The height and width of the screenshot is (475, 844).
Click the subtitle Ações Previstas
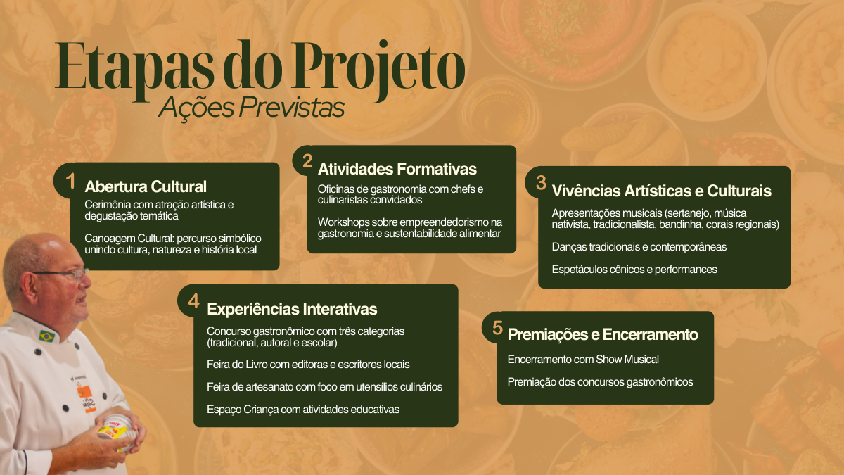pyautogui.click(x=251, y=108)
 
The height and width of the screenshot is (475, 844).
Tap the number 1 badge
pyautogui.click(x=70, y=182)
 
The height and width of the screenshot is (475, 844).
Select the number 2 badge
pyautogui.click(x=307, y=161)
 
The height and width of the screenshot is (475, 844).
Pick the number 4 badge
pyautogui.click(x=193, y=301)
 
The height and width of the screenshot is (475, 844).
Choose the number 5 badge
pyautogui.click(x=497, y=328)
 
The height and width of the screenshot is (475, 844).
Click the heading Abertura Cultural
pyautogui.click(x=146, y=186)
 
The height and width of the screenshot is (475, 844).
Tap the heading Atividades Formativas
pyautogui.click(x=397, y=169)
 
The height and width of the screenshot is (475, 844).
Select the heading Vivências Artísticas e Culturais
pyautogui.click(x=661, y=191)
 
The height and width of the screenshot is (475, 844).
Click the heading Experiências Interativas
pyautogui.click(x=292, y=309)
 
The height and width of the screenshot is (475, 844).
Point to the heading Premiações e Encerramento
pyautogui.click(x=603, y=334)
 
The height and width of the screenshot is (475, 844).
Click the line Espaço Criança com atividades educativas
pyautogui.click(x=303, y=409)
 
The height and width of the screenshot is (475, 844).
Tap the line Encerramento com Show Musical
pyautogui.click(x=583, y=360)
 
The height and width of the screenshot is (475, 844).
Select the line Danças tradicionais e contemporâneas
pyautogui.click(x=639, y=246)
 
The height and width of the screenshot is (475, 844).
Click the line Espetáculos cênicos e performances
pyautogui.click(x=634, y=269)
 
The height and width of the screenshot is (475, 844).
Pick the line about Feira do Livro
pyautogui.click(x=308, y=365)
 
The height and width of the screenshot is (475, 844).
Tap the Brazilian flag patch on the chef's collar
pyautogui.click(x=47, y=336)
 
